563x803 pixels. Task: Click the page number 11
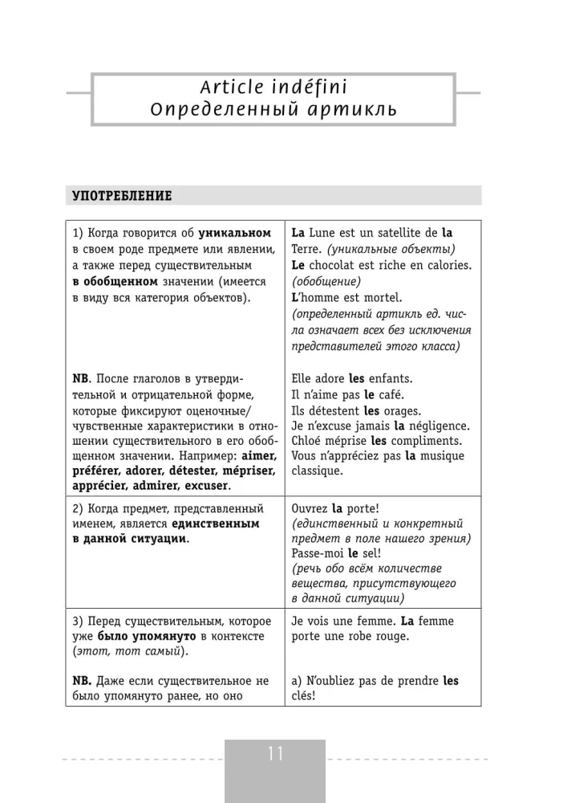(x=275, y=754)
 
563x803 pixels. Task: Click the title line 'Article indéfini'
(x=275, y=85)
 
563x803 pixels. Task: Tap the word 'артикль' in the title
(x=350, y=108)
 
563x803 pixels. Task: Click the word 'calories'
(x=447, y=265)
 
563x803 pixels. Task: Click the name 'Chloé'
(x=310, y=442)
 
